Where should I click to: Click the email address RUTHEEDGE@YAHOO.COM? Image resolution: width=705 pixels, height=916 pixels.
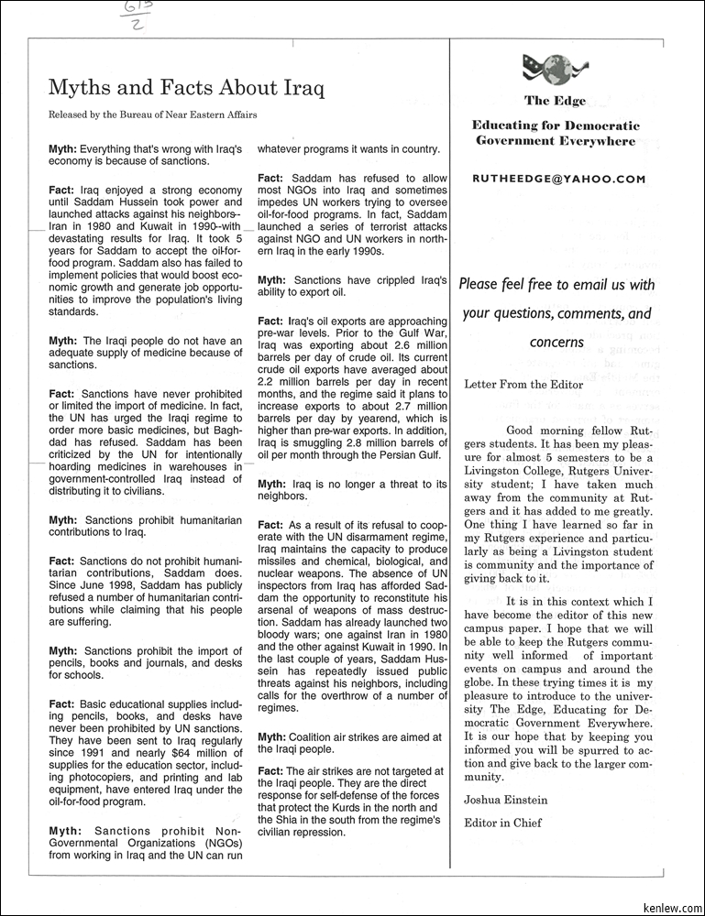558,180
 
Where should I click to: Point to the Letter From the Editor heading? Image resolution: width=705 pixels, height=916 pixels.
523,385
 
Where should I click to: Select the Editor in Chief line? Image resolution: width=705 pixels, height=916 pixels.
502,823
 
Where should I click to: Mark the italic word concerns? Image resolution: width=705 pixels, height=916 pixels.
556,342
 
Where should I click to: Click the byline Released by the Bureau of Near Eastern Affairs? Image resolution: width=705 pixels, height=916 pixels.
152,115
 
